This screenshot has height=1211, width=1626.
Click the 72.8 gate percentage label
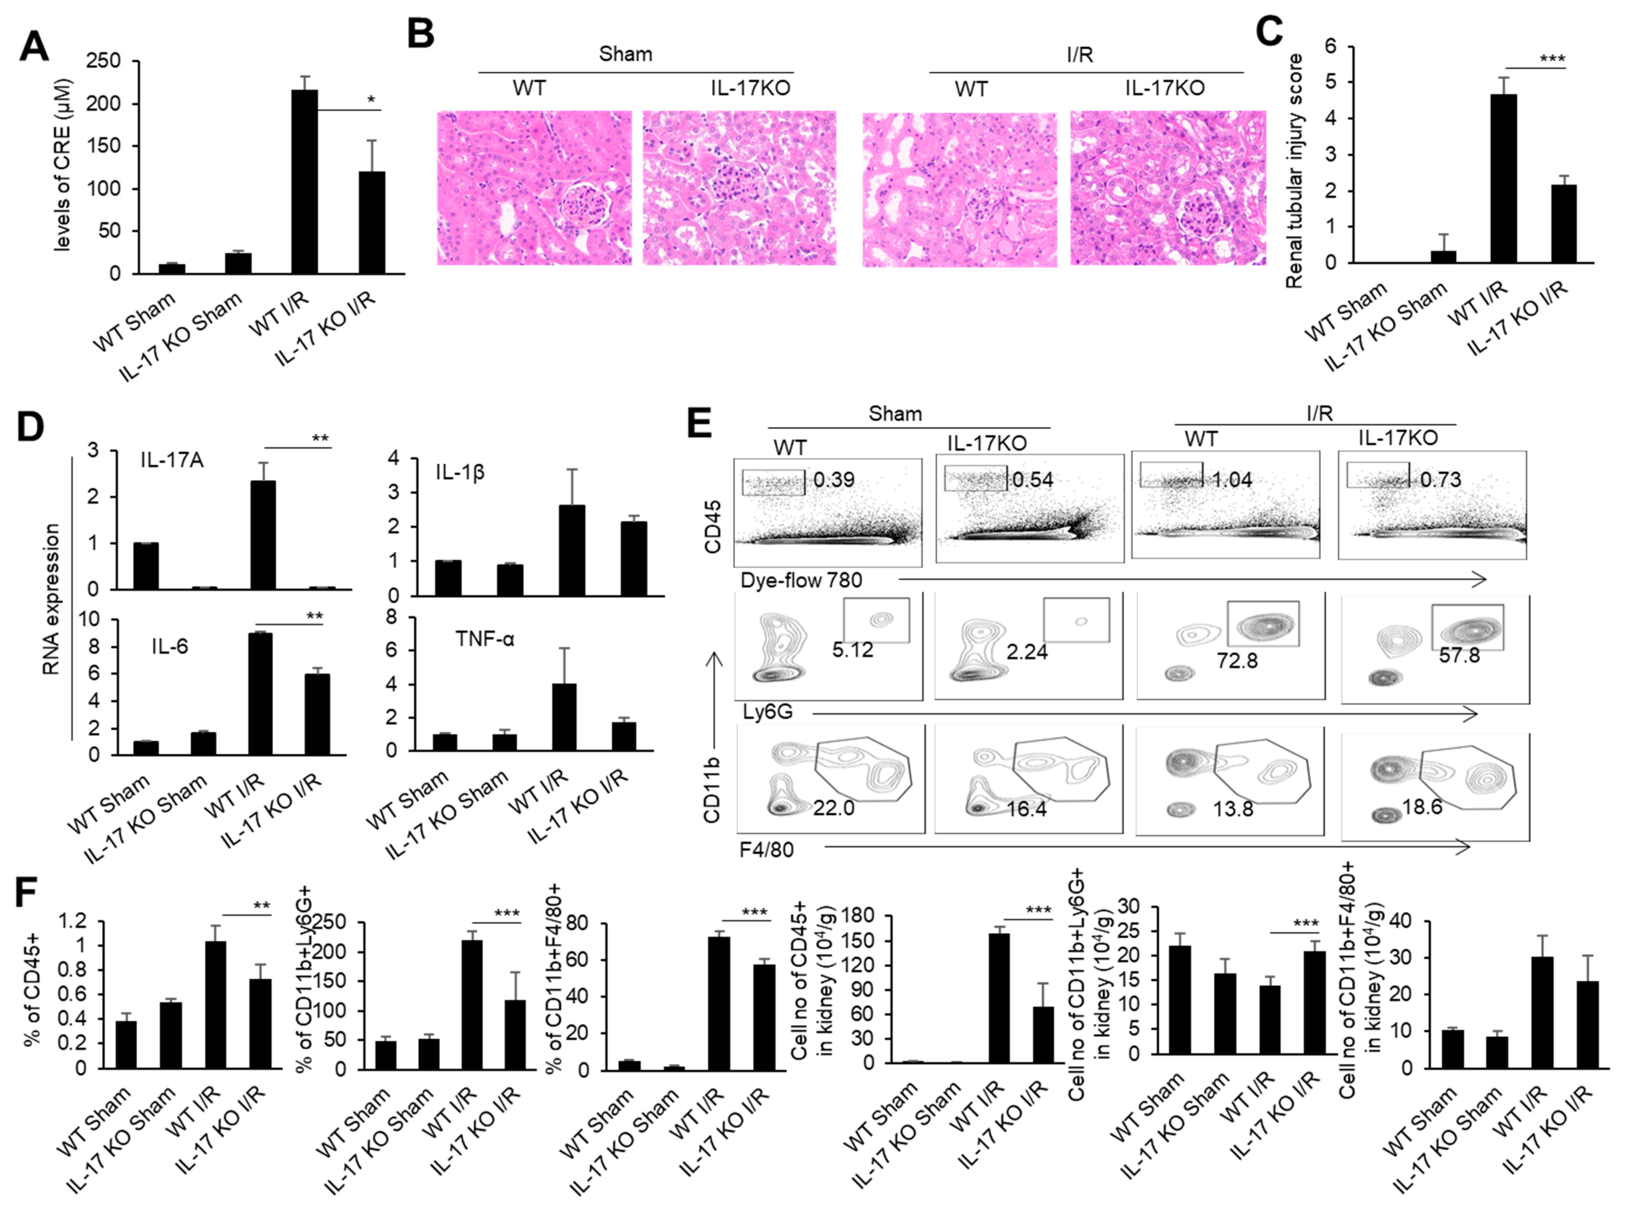[x=1237, y=661]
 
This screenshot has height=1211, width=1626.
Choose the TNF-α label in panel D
[x=485, y=639]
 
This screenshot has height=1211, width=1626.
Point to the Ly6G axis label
[x=767, y=711]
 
